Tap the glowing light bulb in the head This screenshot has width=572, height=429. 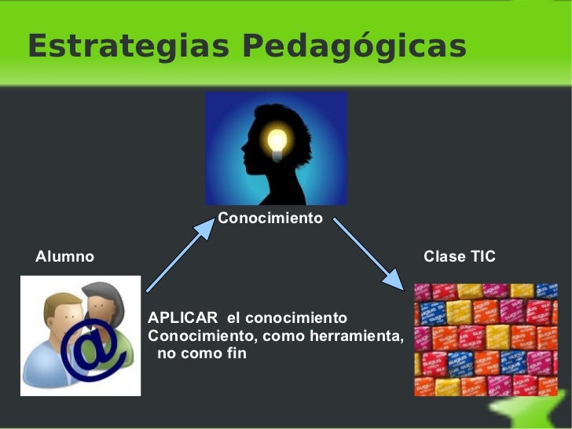coord(278,142)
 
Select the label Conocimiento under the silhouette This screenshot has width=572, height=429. coord(269,218)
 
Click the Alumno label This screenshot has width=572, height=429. coord(64,257)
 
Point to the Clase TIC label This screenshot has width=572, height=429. coord(459,257)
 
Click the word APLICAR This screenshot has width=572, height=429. coord(182,318)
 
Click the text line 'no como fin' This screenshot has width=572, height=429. coord(202,354)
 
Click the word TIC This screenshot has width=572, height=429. coord(482,257)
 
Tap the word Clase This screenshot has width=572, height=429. coord(444,257)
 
